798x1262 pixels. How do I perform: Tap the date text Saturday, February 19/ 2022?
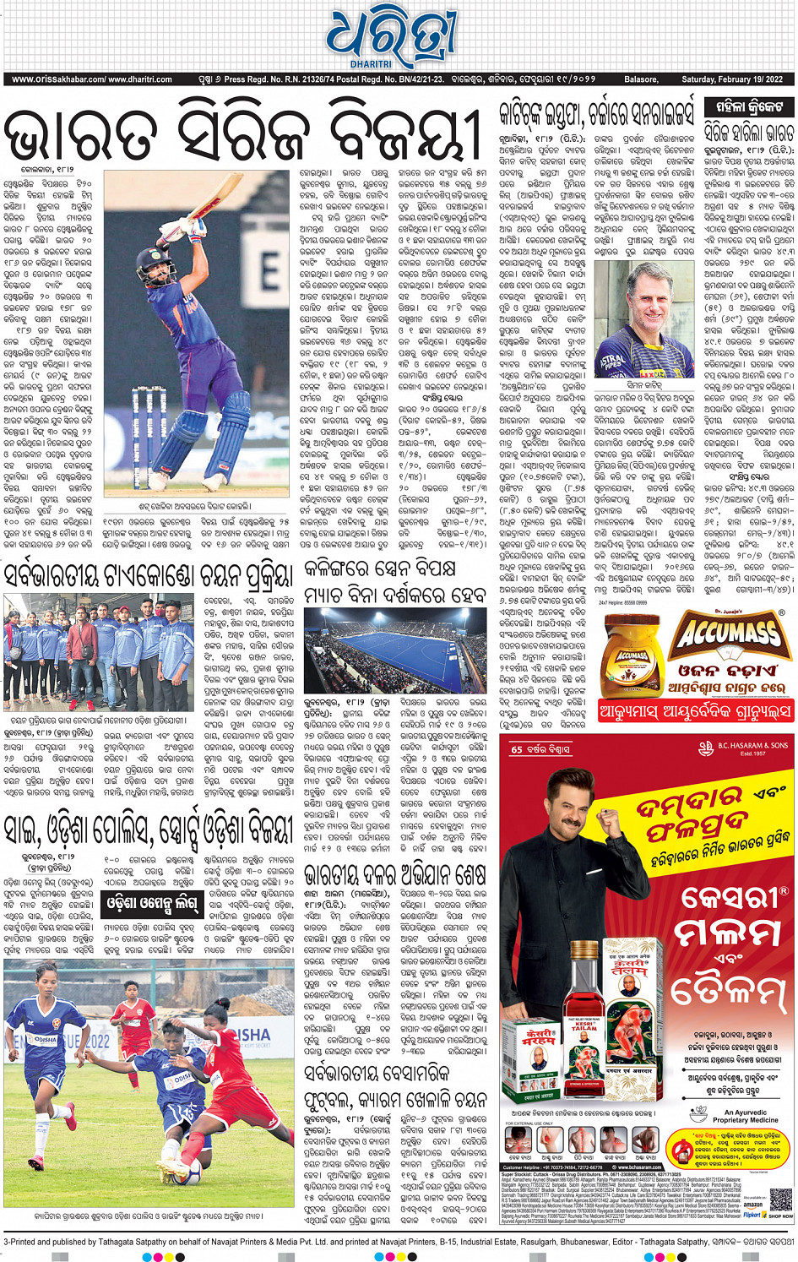731,79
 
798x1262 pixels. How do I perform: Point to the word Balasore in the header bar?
641,79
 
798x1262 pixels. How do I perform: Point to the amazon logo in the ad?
752,1205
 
